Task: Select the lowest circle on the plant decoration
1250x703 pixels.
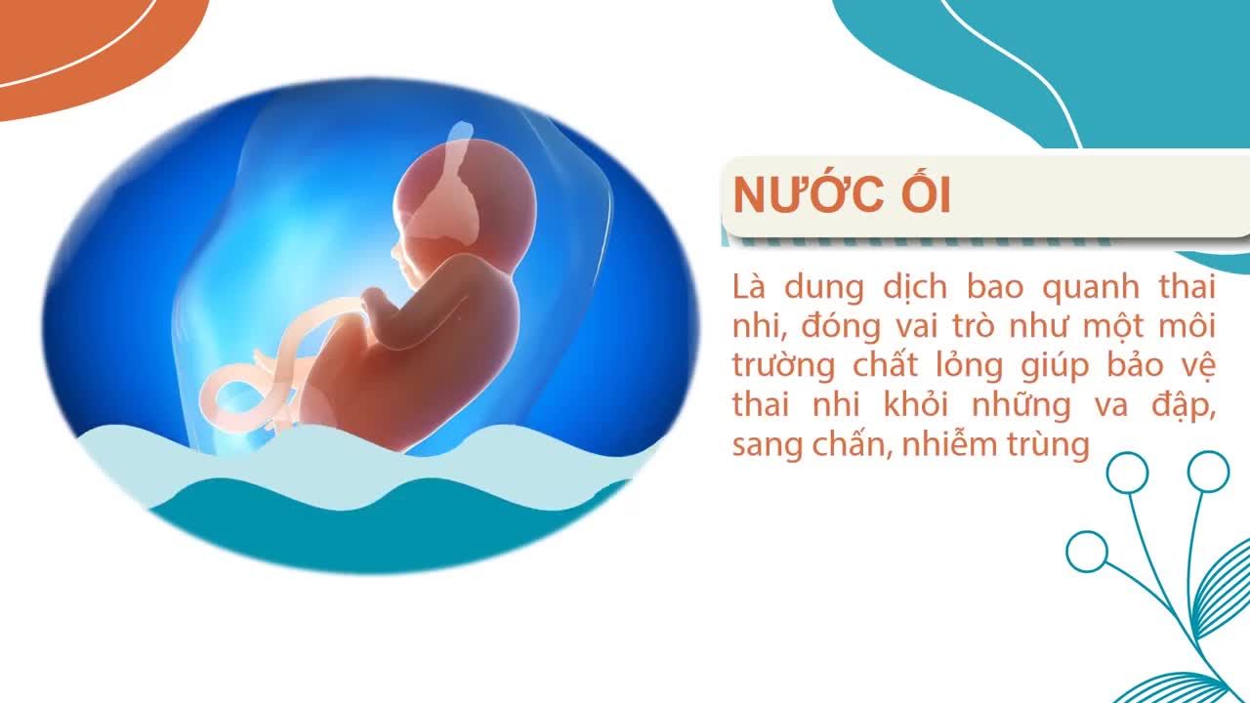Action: pyautogui.click(x=1087, y=551)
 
